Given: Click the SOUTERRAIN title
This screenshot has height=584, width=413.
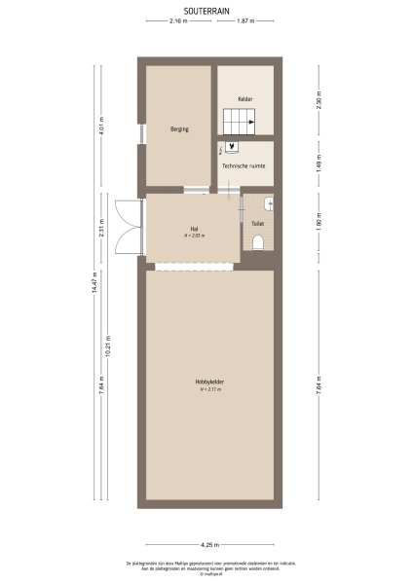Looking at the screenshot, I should (x=206, y=9).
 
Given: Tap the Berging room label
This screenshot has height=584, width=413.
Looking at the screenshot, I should (x=179, y=128).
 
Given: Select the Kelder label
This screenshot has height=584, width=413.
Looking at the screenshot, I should (x=245, y=98).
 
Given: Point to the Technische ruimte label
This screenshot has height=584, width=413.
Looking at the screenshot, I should (x=244, y=166).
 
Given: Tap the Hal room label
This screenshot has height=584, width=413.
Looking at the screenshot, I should (x=192, y=231).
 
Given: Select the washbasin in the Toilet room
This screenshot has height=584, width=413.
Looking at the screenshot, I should (x=268, y=203).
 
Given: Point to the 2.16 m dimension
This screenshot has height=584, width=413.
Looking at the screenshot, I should (x=177, y=20).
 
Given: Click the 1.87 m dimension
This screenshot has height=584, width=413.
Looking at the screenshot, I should (x=245, y=20).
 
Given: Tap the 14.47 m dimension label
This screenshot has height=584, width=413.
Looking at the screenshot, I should (x=94, y=283).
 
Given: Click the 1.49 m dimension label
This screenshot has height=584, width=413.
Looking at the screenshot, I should (x=319, y=163).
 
